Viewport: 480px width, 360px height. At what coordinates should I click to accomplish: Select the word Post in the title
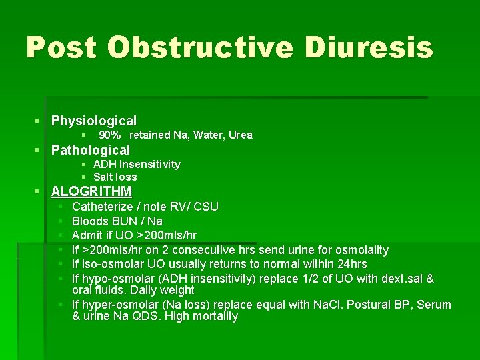(x=61, y=48)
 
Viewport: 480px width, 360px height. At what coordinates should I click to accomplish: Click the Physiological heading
(x=94, y=121)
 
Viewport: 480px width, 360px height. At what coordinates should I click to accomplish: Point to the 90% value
(x=110, y=135)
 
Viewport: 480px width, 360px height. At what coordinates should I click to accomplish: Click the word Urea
(x=240, y=135)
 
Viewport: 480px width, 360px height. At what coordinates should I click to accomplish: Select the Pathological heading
(x=91, y=150)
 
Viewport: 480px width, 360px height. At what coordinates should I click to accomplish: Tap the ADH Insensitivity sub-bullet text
(x=137, y=164)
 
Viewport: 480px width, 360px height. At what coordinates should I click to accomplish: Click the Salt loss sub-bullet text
(x=115, y=177)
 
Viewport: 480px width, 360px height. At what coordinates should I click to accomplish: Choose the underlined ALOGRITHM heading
(x=91, y=191)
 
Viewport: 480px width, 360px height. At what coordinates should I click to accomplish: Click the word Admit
(x=87, y=235)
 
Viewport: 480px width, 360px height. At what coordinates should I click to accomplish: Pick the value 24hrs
(x=351, y=264)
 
